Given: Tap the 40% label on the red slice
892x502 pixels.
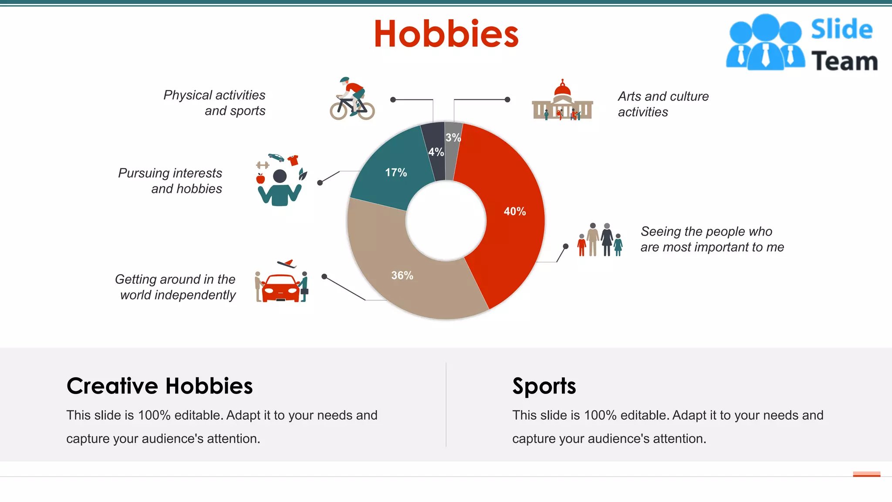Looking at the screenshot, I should pos(515,211).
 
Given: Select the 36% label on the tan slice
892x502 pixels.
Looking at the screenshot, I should pos(402,275).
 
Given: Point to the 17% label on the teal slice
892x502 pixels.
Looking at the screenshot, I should pos(396,173).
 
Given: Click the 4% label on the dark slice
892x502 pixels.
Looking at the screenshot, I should pos(436,152).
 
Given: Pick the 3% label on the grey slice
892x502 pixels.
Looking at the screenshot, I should pos(453,138).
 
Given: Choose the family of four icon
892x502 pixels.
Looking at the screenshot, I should pos(600,240).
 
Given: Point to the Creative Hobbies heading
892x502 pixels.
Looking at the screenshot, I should pos(159,386).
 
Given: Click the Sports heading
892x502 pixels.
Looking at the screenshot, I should pos(544,386).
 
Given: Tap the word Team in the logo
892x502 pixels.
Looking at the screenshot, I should pos(844,61).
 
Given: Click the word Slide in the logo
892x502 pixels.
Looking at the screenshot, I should pos(841,30).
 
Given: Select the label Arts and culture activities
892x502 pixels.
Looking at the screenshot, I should pos(663,104).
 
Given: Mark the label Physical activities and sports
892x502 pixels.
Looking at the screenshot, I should pos(214,103).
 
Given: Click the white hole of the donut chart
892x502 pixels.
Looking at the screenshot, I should pos(446,221).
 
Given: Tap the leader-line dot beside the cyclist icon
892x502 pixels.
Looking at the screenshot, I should pos(393,100).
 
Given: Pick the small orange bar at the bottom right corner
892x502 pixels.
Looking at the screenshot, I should pos(866,474).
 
